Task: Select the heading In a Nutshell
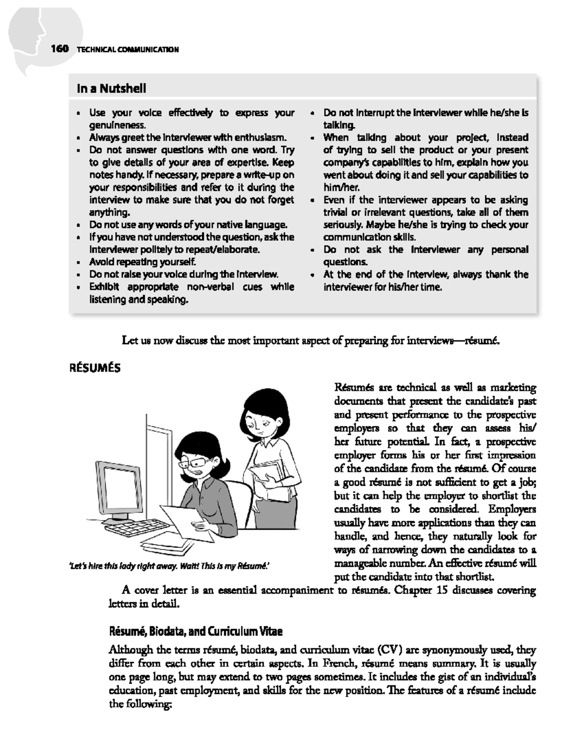click(x=111, y=89)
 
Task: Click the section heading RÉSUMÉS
click(x=96, y=369)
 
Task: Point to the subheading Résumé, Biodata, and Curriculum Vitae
click(x=196, y=632)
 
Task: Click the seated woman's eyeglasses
click(x=201, y=461)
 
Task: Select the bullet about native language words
click(x=188, y=225)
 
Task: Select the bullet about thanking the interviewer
click(x=425, y=280)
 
